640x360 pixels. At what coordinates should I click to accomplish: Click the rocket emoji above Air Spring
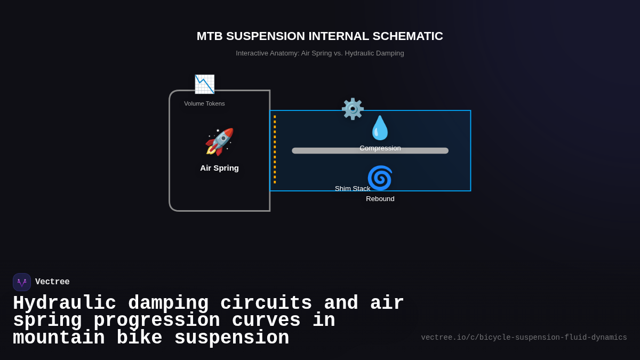point(219,142)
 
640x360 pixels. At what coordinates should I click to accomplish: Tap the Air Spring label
point(219,168)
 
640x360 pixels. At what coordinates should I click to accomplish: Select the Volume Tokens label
point(204,103)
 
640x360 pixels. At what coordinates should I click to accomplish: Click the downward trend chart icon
point(204,84)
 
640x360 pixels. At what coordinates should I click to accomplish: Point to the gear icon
point(353,109)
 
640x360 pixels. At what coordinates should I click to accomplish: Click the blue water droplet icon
point(380,128)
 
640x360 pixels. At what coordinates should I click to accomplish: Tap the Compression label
point(380,148)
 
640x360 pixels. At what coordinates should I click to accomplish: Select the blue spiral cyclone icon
point(380,178)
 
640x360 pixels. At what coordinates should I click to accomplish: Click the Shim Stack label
point(353,189)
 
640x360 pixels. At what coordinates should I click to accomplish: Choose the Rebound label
point(380,199)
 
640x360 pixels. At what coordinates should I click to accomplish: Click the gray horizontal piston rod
point(320,151)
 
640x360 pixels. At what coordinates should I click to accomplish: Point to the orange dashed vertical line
point(275,149)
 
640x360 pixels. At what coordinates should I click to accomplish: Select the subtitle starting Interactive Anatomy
point(319,53)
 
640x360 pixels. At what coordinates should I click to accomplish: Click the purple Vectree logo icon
point(22,282)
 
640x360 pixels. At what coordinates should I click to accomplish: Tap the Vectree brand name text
point(52,282)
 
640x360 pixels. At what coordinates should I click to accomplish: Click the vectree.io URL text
point(524,338)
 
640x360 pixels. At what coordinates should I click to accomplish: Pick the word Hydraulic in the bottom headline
point(65,303)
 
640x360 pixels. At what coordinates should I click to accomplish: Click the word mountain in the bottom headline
point(59,338)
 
